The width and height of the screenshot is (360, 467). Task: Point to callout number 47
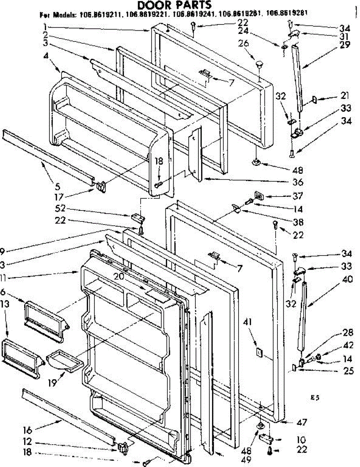pyautogui.click(x=302, y=422)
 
